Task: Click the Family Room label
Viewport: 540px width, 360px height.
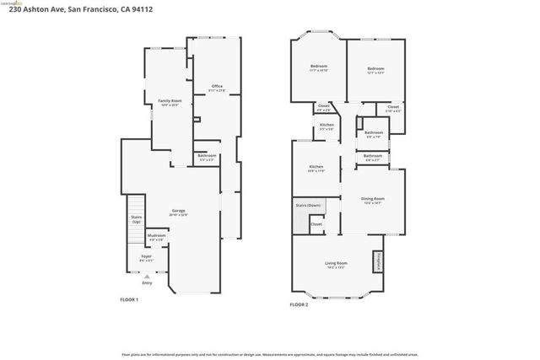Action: tap(170, 101)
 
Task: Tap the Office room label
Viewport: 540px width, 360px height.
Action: tap(217, 87)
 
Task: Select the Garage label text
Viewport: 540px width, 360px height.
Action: tap(179, 211)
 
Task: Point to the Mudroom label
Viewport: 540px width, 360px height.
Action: tap(156, 235)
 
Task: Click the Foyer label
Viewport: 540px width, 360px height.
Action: tap(146, 256)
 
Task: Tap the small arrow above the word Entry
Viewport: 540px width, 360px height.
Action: tap(147, 276)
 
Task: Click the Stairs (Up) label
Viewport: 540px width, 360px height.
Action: tap(136, 219)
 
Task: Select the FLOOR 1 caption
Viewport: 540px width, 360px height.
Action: tap(129, 300)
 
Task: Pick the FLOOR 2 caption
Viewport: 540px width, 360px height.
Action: tap(300, 304)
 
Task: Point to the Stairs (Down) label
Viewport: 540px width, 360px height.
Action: tap(309, 205)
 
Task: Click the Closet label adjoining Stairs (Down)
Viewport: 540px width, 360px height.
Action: tap(316, 224)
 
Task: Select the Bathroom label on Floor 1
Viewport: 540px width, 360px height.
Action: tap(207, 155)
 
